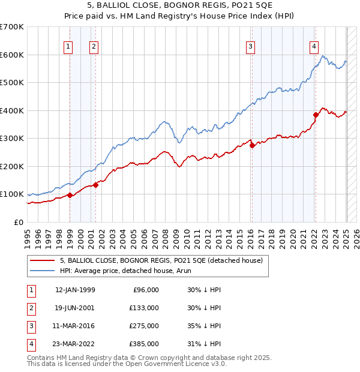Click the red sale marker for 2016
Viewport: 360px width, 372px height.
[x=253, y=145]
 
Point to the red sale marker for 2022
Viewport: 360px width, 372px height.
[x=316, y=114]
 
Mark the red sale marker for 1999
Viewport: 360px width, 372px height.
[x=70, y=195]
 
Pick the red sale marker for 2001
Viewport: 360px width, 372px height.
[x=96, y=184]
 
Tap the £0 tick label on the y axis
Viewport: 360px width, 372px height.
[x=18, y=222]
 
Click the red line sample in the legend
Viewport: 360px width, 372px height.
[x=43, y=260]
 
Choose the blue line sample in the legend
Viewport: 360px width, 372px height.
[x=43, y=271]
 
